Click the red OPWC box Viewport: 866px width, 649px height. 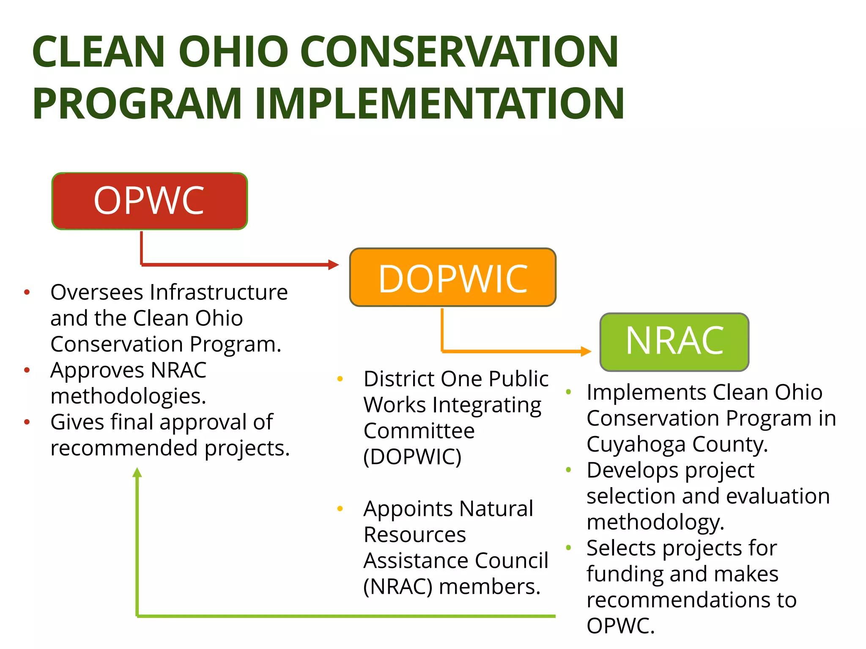tap(149, 201)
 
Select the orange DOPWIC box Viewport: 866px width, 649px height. tap(452, 278)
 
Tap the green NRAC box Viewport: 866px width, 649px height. tap(674, 341)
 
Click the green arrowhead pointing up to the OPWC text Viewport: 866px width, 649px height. tap(137, 472)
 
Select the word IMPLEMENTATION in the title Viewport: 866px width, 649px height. tap(440, 104)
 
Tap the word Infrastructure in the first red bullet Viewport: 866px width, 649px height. tap(219, 292)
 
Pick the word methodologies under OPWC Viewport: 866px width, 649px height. tap(128, 396)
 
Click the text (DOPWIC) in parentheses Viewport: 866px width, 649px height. tap(412, 457)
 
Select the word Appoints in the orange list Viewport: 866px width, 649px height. tap(408, 509)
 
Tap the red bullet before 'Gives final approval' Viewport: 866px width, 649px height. tap(27, 422)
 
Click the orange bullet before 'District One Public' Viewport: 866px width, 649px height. tap(340, 379)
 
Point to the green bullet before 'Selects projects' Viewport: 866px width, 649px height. tap(569, 548)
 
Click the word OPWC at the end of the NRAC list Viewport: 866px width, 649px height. tap(620, 626)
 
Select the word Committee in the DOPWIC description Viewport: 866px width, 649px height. tap(419, 431)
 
